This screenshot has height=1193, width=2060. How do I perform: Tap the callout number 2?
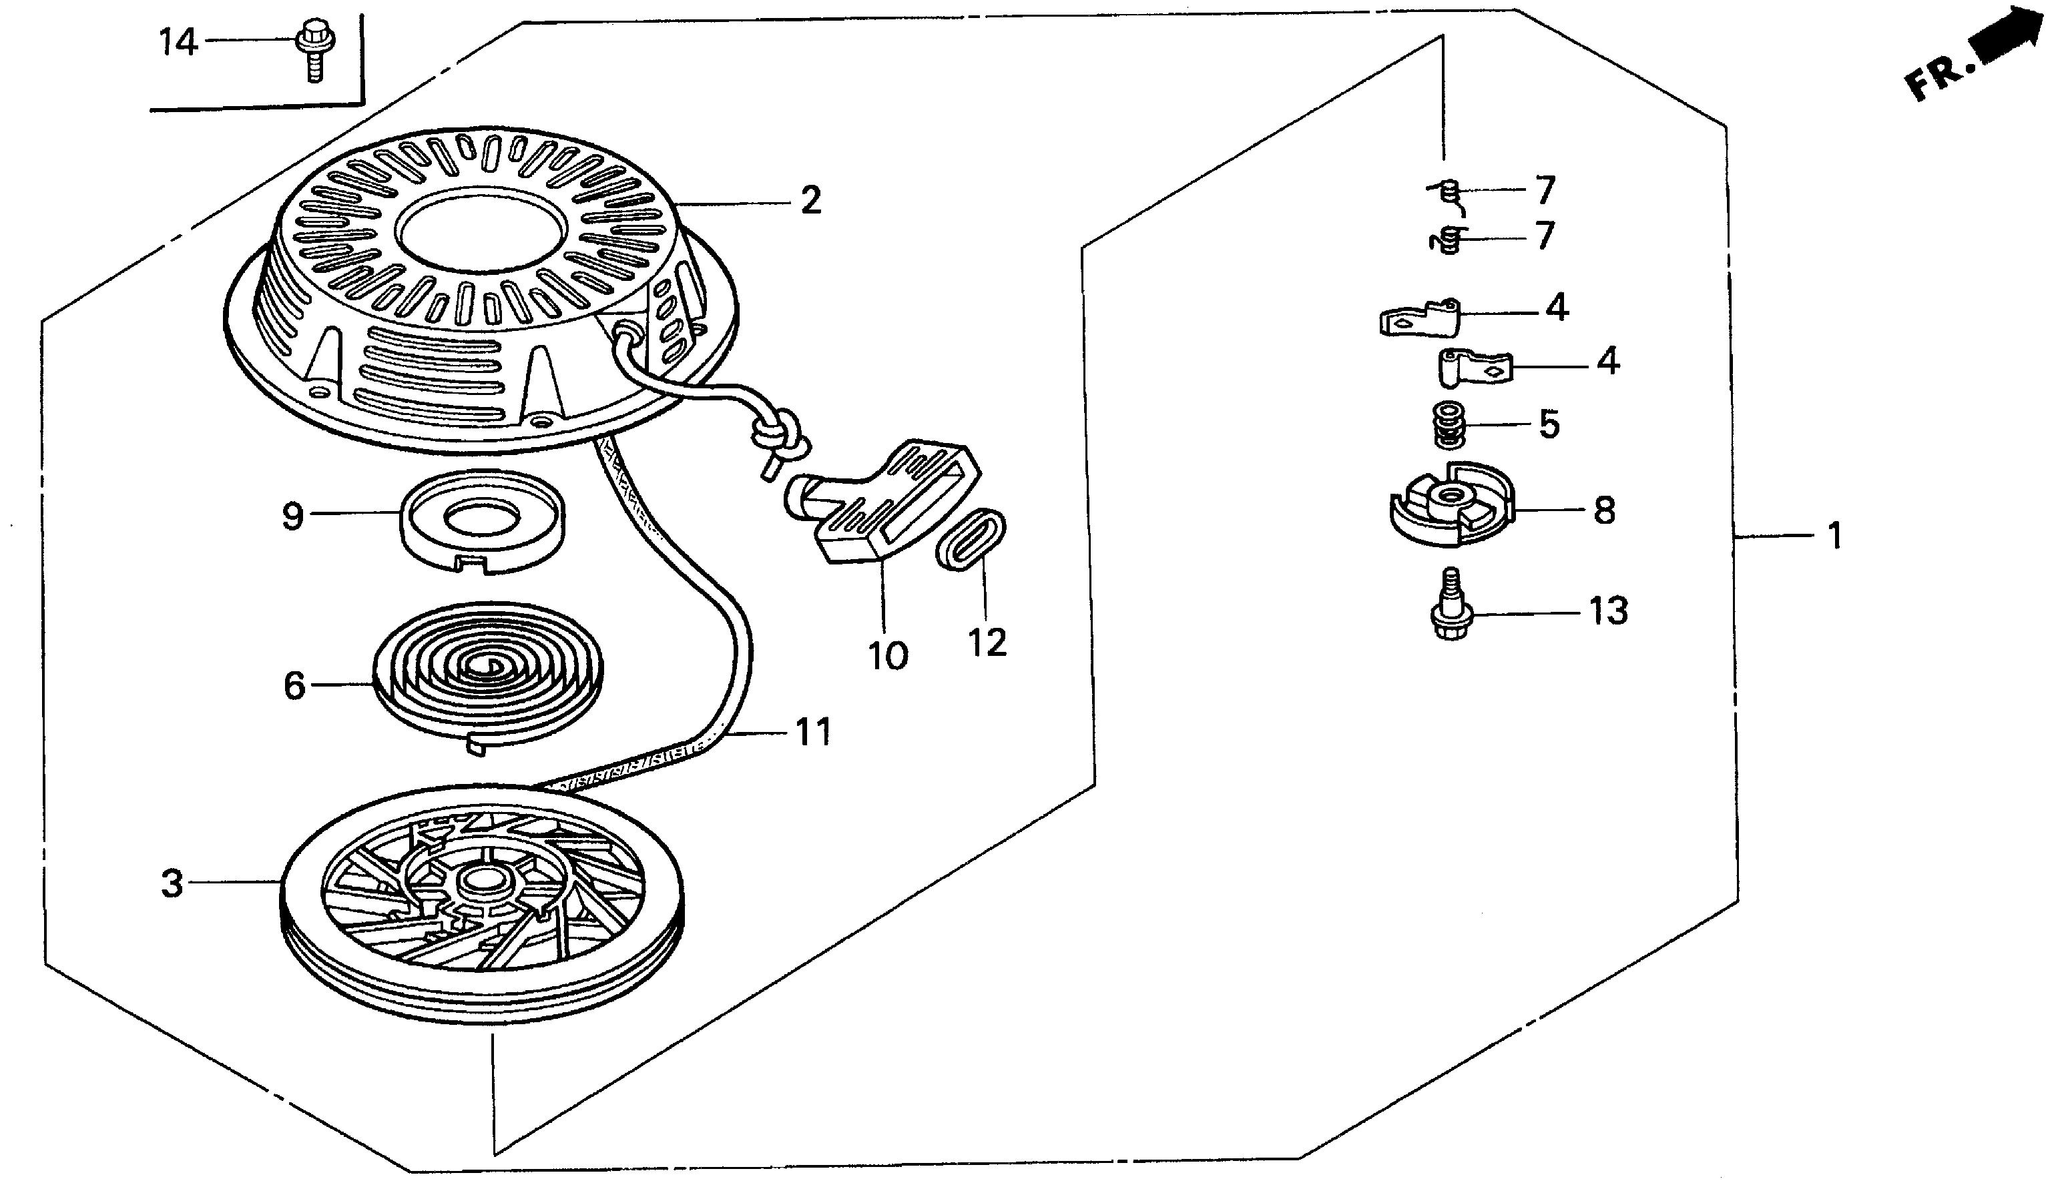click(x=810, y=200)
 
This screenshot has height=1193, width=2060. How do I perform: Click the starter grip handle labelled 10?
click(x=887, y=502)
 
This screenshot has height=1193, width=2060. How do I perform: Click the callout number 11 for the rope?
click(x=813, y=731)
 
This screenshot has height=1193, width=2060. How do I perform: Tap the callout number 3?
click(x=172, y=883)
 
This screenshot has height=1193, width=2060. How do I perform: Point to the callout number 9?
click(x=292, y=516)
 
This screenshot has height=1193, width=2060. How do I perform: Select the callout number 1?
click(x=1834, y=537)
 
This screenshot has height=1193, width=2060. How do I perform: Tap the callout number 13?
click(x=1609, y=611)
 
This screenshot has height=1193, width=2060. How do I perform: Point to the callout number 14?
click(x=178, y=41)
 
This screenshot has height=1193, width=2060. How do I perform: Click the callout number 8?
click(x=1604, y=510)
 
